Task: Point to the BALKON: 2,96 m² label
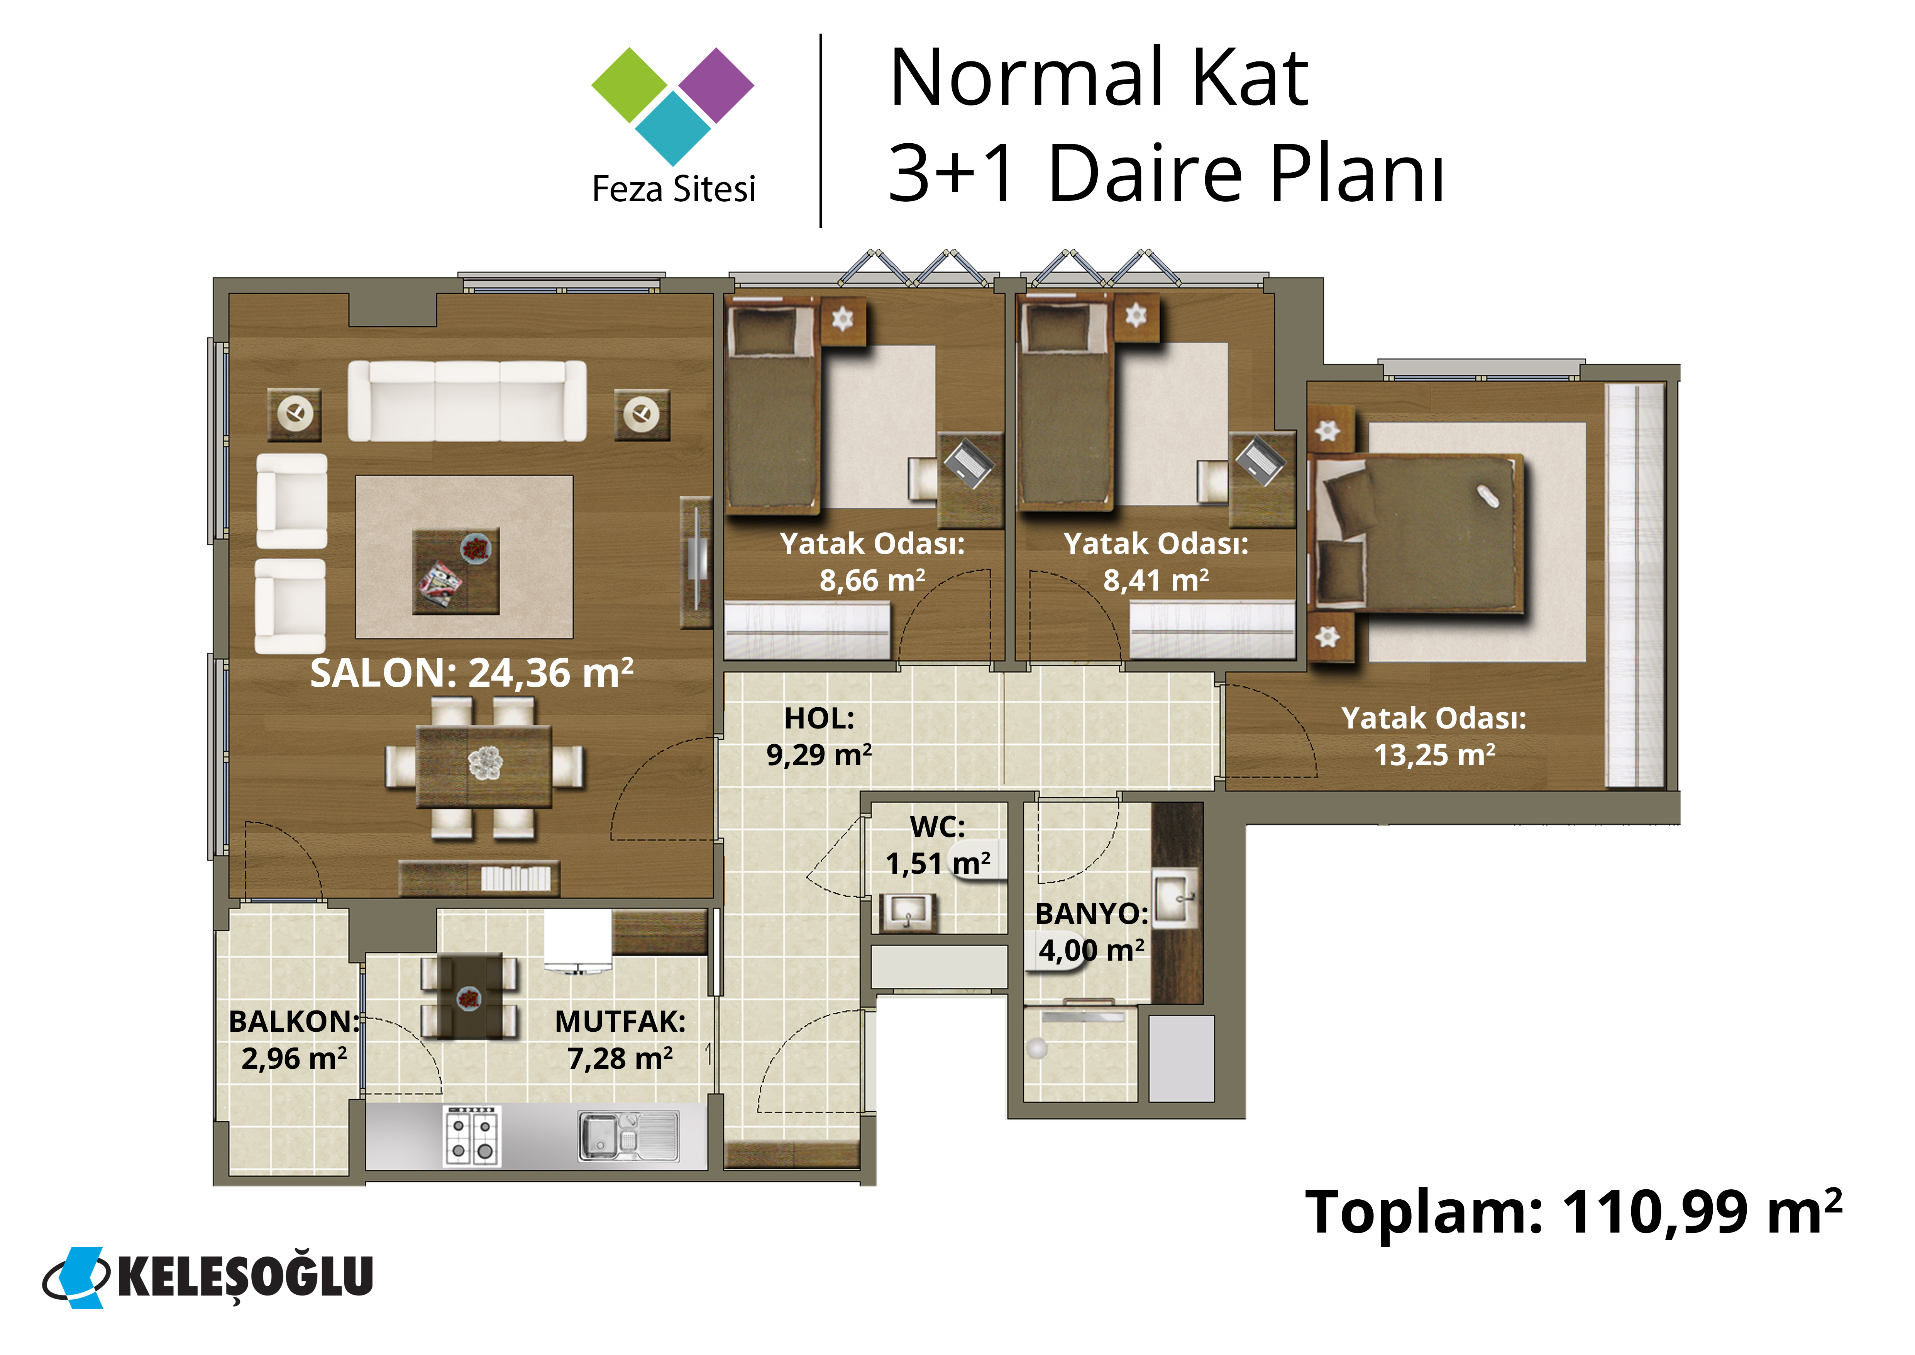coord(294,1039)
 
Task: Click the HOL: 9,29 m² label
coord(819,736)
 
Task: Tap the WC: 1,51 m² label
coord(938,844)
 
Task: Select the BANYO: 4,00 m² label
coord(1092,931)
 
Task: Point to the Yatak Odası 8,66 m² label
coord(872,561)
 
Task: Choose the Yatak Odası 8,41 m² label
coord(1156,561)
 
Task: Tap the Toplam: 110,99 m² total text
coord(1573,1211)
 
